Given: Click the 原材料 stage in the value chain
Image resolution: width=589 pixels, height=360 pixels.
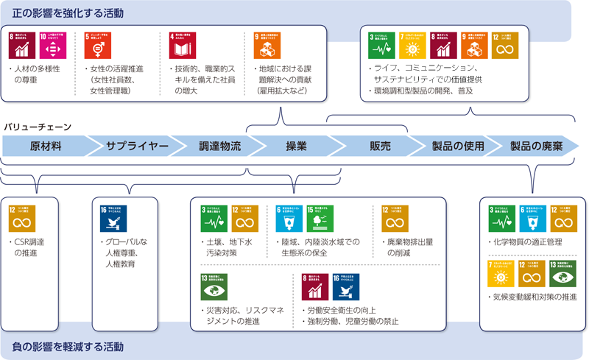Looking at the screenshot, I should (45, 146).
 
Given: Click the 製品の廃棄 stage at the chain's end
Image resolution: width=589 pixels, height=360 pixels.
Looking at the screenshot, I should (536, 146).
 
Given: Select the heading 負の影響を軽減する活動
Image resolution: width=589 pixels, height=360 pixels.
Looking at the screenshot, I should (69, 346).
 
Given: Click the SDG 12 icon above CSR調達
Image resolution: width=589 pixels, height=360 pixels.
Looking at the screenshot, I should (21, 218).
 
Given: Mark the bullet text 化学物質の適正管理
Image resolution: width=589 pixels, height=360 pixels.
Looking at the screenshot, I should (530, 241).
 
